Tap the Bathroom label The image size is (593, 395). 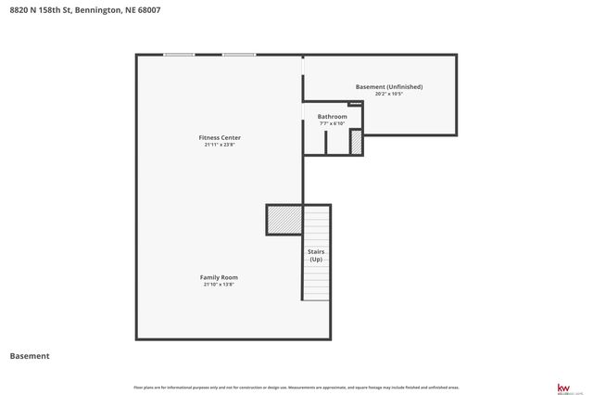point(332,117)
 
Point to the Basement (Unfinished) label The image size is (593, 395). point(388,87)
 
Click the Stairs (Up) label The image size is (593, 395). point(316,255)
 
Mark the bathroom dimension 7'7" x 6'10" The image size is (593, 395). point(332,123)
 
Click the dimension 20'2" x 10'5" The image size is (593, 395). point(388,94)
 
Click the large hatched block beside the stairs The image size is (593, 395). point(284,220)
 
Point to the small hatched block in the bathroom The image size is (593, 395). point(355,142)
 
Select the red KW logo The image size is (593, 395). point(562,387)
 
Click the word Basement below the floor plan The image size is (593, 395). point(29,355)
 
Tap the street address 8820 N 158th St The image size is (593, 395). point(40,10)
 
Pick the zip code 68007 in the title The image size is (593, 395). point(148,10)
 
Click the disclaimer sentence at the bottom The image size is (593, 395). point(296,387)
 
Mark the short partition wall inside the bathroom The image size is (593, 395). point(326,142)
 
